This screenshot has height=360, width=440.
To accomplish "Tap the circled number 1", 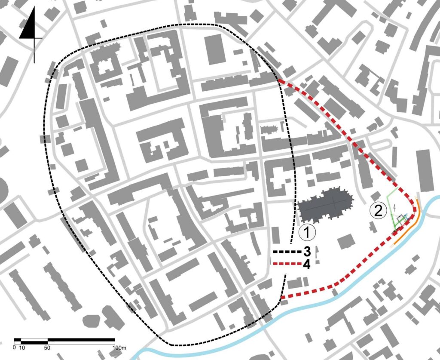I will tap(307, 232).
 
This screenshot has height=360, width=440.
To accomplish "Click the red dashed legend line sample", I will tap(285, 264).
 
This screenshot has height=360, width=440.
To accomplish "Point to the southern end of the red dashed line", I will tap(281, 298).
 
